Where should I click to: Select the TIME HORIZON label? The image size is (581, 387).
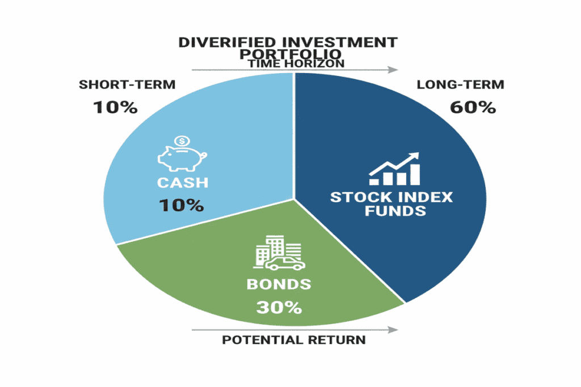[x=294, y=63]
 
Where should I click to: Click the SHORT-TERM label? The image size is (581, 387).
[x=127, y=85]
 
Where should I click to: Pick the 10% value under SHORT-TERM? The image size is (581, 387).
[x=115, y=107]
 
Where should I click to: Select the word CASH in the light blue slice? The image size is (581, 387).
[x=180, y=183]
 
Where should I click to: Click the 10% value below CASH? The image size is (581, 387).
[x=181, y=205]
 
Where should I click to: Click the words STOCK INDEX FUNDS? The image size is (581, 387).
[x=391, y=204]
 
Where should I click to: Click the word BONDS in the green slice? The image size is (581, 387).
[x=278, y=284]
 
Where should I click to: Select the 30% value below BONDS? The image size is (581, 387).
[x=278, y=307]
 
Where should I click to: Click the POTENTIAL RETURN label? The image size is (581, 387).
[x=294, y=340]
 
